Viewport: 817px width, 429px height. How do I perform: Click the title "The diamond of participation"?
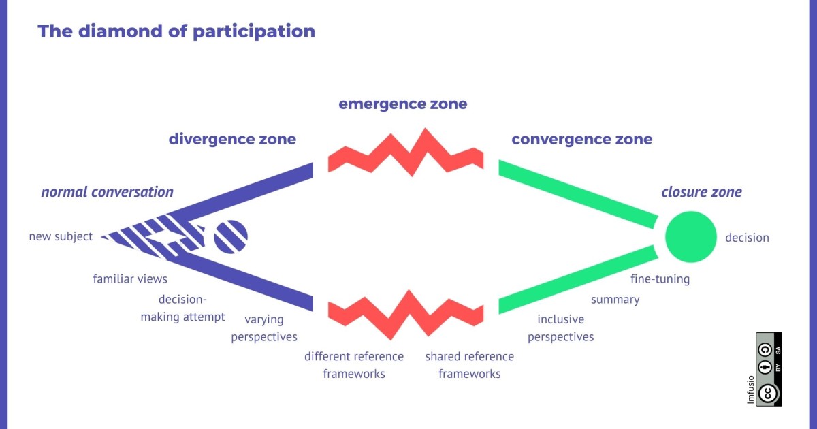(x=176, y=31)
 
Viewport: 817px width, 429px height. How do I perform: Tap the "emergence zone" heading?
(x=402, y=104)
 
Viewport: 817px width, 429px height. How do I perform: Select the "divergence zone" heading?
(x=232, y=140)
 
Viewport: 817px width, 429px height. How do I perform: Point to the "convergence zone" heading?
(x=581, y=140)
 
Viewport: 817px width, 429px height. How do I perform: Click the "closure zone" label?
(x=701, y=193)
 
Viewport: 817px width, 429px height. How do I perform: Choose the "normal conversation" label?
(x=107, y=192)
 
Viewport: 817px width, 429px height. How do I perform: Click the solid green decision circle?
(x=690, y=237)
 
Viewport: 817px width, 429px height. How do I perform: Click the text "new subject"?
(x=61, y=237)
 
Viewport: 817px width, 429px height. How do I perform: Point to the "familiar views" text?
(x=130, y=279)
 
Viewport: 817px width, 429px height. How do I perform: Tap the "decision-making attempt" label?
(x=182, y=308)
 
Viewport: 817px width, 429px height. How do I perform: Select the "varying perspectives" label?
(x=264, y=328)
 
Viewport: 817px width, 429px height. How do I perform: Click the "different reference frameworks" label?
(x=354, y=365)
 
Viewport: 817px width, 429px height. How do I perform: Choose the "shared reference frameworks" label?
(x=470, y=365)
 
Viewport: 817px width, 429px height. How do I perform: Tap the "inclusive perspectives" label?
(x=560, y=328)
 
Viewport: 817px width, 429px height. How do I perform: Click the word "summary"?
(x=615, y=300)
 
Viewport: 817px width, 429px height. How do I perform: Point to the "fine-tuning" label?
(x=660, y=279)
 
